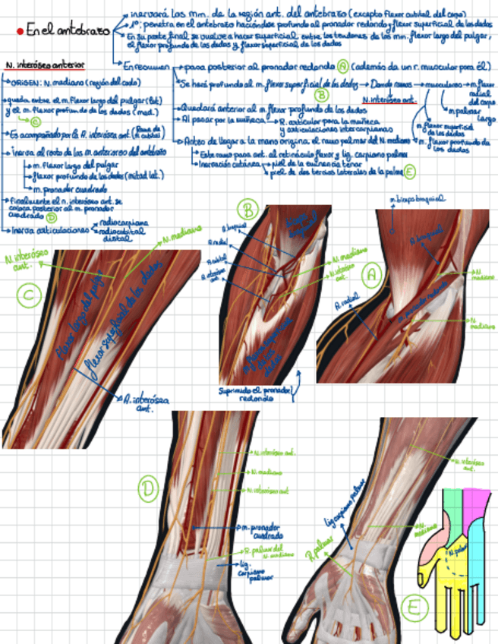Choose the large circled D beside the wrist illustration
[x=148, y=490]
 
